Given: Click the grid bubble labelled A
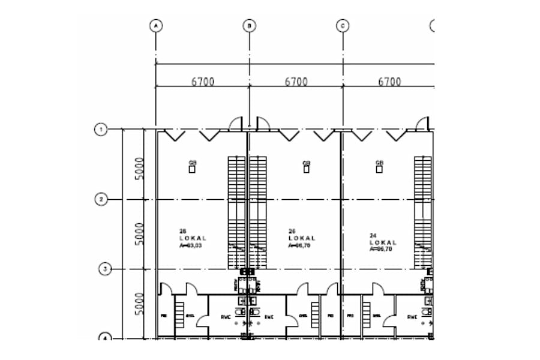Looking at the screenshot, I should pos(156,26).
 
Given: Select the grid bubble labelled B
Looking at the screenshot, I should pos(249,26).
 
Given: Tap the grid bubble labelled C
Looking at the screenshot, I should pos(343,26).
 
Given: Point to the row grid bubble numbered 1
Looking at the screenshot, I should pos(102,129).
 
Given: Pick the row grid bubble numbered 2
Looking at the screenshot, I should pos(102,199).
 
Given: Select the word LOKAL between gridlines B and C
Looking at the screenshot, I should pos(302,238).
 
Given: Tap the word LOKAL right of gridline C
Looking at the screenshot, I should pos(383,242).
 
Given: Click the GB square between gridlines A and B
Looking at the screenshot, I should pos(193,169).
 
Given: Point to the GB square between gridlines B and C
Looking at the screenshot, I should pos(306,169).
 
